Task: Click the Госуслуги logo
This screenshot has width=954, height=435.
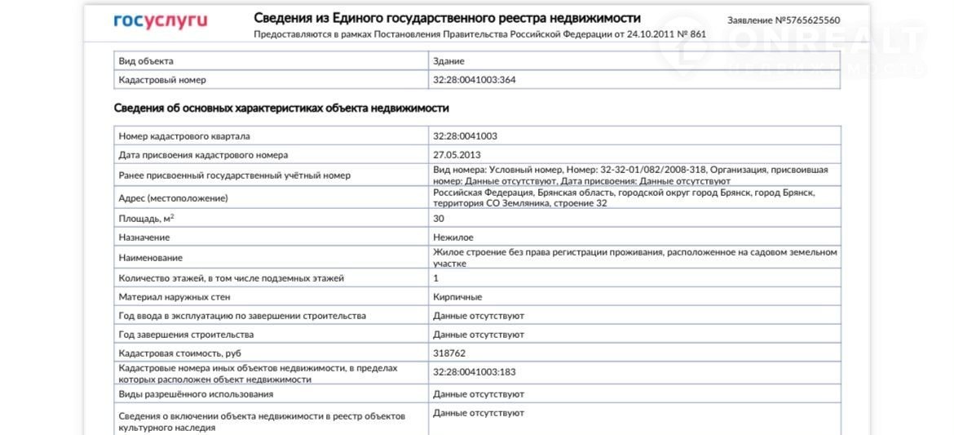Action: pos(160,21)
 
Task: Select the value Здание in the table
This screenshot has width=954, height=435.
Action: pos(448,61)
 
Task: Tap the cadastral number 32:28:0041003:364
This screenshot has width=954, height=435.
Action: pos(475,80)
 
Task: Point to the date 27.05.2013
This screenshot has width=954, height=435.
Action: pos(457,155)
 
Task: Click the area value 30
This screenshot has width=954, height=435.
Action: pos(439,219)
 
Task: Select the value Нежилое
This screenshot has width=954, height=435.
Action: pos(453,237)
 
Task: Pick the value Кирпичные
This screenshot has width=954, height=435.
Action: pos(457,297)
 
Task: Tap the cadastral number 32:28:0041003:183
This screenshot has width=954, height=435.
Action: pos(475,373)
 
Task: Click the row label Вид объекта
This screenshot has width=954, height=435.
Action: pos(146,61)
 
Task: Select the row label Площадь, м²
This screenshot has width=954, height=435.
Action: pos(146,219)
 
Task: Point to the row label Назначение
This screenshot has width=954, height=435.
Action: pos(144,237)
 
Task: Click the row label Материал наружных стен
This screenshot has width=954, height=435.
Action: pos(174,297)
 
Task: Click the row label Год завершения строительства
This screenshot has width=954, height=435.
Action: pos(186,335)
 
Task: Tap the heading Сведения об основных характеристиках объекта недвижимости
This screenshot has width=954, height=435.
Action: pos(281,108)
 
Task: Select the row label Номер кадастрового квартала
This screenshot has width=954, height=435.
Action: pos(184,136)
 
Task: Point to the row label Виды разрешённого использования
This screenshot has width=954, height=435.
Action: pos(196,394)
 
